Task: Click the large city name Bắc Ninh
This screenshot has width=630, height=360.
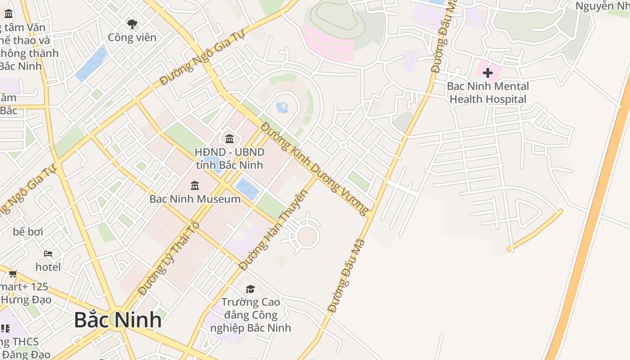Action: point(118,319)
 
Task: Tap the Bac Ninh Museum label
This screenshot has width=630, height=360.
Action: point(195,199)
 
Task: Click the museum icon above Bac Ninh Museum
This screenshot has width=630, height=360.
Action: point(195,185)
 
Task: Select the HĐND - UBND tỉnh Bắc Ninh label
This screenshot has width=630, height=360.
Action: point(229,158)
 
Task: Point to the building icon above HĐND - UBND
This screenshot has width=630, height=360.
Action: point(229,138)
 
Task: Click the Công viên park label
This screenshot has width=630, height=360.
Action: point(132,37)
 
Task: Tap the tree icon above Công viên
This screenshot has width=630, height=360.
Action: point(132,24)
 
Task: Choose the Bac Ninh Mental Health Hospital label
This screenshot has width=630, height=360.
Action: point(488,93)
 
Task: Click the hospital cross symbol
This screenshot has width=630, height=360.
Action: point(487,72)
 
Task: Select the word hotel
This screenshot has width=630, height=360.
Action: point(48,267)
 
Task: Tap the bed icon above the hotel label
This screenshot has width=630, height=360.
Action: point(48,254)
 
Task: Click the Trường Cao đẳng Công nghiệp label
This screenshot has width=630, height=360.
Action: point(251,315)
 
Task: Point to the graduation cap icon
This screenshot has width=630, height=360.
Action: point(250,289)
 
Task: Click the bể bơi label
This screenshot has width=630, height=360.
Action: point(28,232)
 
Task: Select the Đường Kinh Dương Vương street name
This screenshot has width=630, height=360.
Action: point(315,169)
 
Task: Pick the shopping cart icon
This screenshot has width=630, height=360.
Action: point(13,273)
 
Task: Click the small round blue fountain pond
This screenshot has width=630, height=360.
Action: point(283,107)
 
